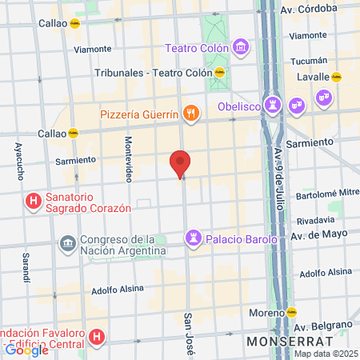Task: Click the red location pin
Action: [180, 163]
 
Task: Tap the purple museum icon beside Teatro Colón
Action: [240, 49]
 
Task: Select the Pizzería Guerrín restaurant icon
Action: [190, 114]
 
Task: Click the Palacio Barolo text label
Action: [241, 238]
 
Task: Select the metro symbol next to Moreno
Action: [292, 312]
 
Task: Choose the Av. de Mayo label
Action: [318, 236]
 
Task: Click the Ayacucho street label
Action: [18, 160]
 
